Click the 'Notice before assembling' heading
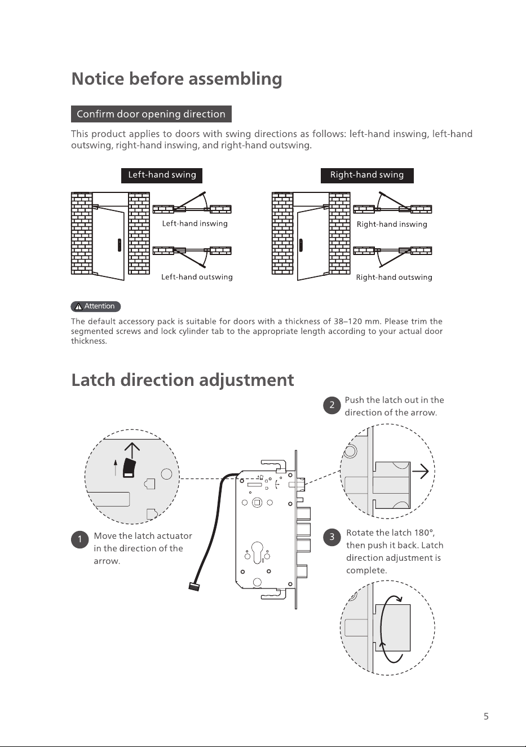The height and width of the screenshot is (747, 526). [176, 79]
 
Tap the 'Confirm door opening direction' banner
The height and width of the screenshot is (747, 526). [151, 114]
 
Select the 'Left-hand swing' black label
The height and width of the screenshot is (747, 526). [162, 175]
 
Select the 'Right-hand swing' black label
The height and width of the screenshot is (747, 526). [367, 175]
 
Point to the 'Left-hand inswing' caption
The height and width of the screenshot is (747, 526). [195, 223]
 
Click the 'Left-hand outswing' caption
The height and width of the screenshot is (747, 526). [197, 277]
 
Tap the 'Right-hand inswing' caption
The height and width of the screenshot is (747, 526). [392, 224]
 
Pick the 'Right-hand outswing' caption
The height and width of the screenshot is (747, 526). [394, 277]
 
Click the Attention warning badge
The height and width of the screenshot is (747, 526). [96, 306]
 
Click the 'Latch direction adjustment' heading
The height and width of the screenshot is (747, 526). [183, 380]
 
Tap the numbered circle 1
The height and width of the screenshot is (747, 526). [79, 539]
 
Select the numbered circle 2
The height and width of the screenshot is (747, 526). [331, 405]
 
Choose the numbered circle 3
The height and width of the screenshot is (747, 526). [331, 537]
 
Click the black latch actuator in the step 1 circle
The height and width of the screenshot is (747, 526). [129, 468]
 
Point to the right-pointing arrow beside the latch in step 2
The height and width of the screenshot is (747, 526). [421, 471]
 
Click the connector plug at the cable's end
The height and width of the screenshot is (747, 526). [194, 586]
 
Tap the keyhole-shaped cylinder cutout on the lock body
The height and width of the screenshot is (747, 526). [257, 552]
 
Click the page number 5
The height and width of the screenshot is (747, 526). [486, 717]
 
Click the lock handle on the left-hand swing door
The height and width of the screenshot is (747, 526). [120, 245]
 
